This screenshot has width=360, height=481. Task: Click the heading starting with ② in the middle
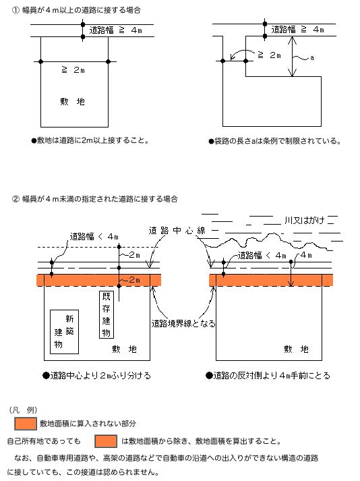pos(95,199)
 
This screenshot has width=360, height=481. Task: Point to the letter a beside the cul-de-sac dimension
pos(312,58)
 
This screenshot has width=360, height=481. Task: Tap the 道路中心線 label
pos(177,231)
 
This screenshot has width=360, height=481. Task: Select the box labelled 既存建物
pos(105,315)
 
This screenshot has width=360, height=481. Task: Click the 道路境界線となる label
pos(183,323)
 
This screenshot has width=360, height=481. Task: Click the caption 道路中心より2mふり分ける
pos(96,375)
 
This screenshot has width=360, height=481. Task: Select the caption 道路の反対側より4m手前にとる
pos(270,375)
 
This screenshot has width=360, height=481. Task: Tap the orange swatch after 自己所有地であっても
pos(107,441)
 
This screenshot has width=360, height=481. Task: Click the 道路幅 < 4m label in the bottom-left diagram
pos(94,237)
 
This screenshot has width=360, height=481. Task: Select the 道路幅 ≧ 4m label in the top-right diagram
pos(297,30)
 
